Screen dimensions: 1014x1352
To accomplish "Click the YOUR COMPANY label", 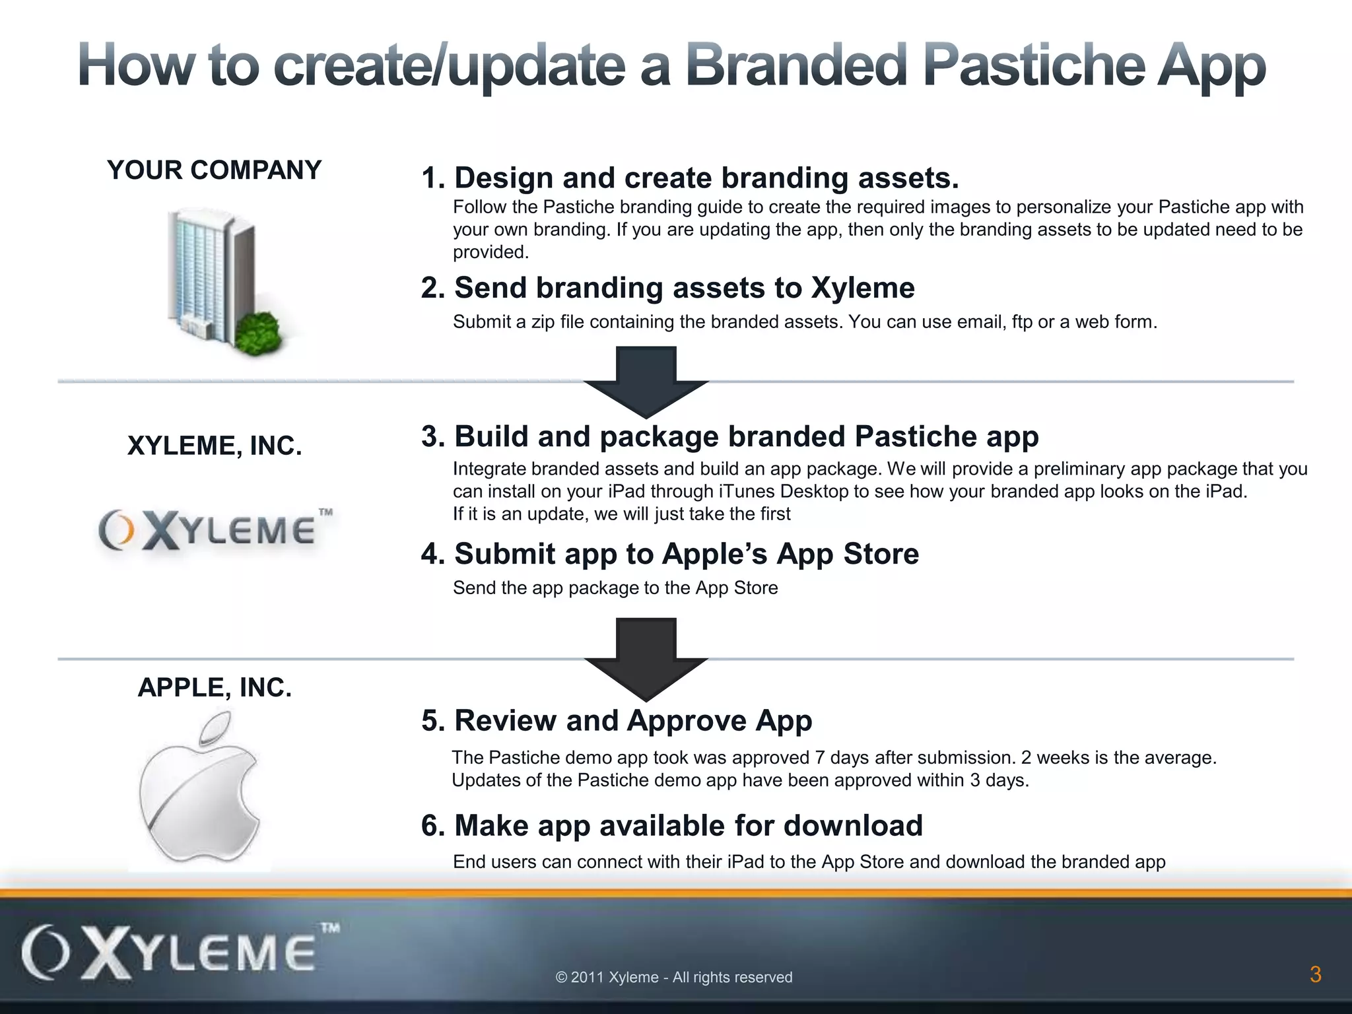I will (214, 170).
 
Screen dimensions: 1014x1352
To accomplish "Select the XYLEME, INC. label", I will (215, 446).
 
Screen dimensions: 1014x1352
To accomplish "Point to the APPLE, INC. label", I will (215, 687).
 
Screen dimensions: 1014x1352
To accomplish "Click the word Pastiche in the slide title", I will (1033, 66).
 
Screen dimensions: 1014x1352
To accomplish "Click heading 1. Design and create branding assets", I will (690, 178).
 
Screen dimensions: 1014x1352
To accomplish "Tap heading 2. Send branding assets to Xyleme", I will (667, 288).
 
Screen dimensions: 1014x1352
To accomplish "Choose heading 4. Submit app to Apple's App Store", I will (669, 553).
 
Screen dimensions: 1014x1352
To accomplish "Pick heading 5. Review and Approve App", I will (617, 720).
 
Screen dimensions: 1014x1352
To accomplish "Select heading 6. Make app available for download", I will (671, 825).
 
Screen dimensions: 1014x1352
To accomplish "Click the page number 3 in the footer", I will (1315, 974).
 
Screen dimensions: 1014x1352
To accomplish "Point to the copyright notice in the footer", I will (674, 977).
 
